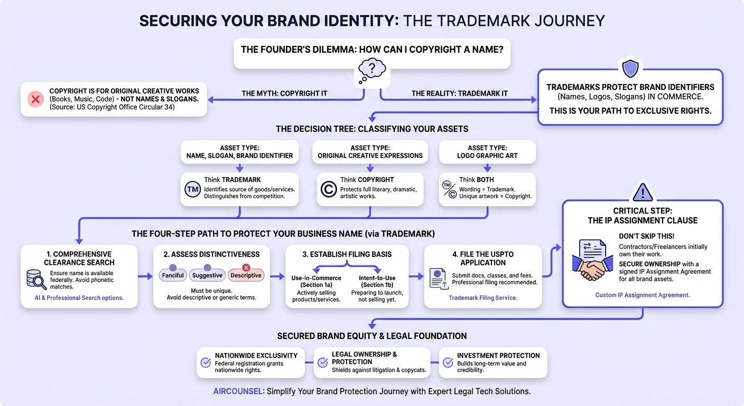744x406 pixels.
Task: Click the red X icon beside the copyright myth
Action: (35, 99)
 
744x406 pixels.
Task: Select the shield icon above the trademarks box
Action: (630, 68)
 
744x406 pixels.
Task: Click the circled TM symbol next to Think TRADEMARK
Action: (193, 189)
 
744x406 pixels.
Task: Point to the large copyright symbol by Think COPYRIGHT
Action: (329, 189)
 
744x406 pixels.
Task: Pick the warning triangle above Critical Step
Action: (643, 192)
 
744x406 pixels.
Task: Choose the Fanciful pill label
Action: (173, 275)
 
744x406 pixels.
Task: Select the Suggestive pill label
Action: (207, 275)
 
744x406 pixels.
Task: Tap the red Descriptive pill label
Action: (246, 275)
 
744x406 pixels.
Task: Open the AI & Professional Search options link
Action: (79, 298)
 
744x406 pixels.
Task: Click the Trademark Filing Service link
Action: (483, 298)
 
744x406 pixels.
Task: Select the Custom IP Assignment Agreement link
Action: (643, 295)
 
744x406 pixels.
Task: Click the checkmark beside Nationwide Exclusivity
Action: (206, 363)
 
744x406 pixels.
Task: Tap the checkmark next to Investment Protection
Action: (448, 363)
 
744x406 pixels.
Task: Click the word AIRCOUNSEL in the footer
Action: (238, 391)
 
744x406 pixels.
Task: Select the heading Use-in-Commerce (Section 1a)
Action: (316, 281)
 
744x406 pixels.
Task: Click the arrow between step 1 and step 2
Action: (145, 276)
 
